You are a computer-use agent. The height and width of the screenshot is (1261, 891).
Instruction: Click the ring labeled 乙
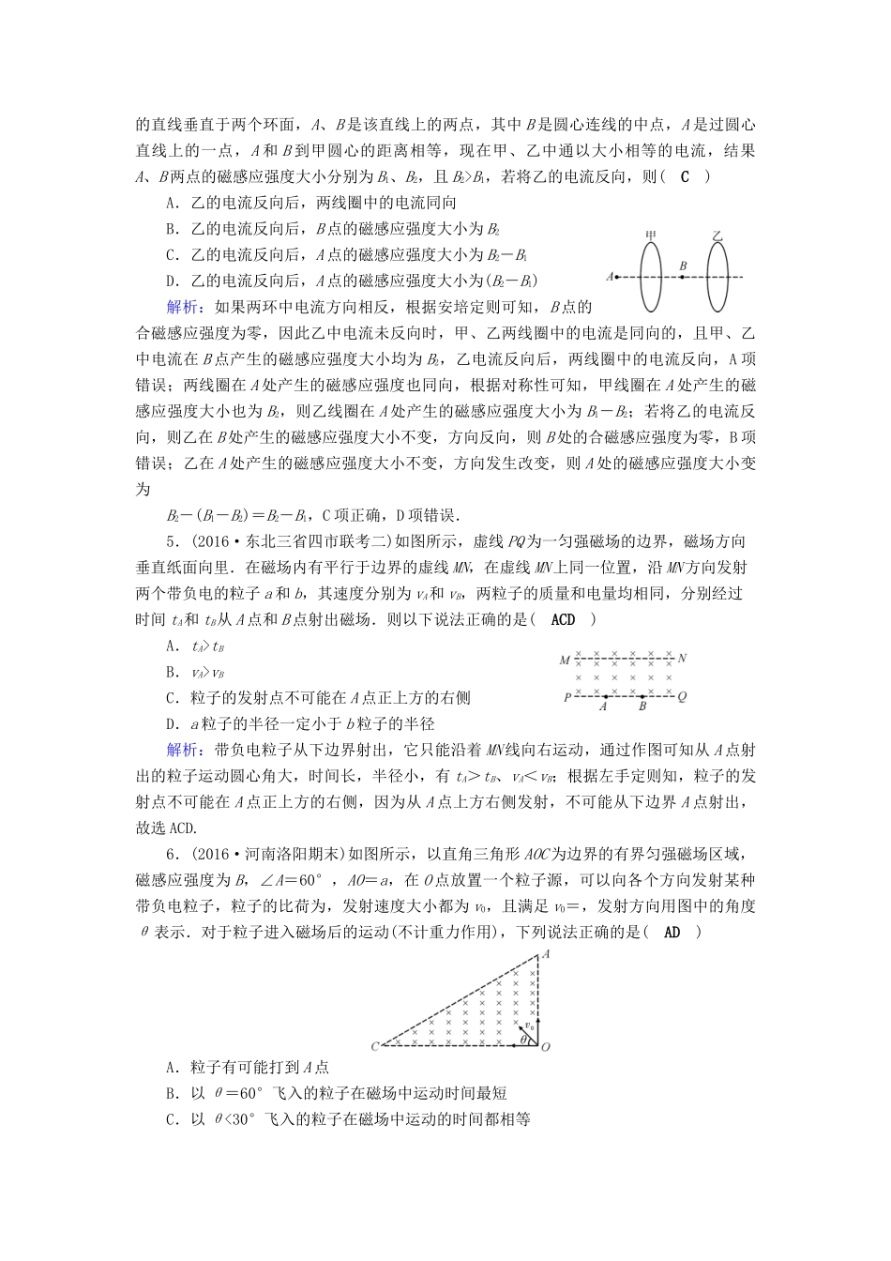(x=717, y=276)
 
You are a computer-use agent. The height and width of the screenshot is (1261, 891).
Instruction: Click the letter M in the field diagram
(x=565, y=660)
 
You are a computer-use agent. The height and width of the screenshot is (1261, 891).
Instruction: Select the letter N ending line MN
(x=683, y=659)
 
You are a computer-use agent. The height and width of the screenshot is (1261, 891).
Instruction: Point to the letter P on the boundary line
(x=566, y=697)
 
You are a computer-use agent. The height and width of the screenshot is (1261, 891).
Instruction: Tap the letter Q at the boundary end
(x=682, y=696)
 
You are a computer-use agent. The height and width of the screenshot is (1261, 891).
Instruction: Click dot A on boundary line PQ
(x=605, y=696)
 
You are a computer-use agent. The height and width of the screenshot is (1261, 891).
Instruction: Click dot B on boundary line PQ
(x=642, y=696)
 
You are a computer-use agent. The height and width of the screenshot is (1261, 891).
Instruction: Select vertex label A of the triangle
(x=546, y=953)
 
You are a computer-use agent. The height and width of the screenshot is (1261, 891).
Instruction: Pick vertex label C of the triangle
(x=375, y=1046)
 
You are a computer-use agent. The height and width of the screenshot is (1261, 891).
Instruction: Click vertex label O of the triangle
(x=545, y=1046)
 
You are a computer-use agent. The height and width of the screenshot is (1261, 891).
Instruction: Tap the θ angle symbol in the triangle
(x=522, y=1039)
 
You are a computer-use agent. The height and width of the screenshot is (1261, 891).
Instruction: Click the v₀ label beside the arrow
(x=529, y=1026)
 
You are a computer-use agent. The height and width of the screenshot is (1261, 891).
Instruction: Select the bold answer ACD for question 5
(x=564, y=619)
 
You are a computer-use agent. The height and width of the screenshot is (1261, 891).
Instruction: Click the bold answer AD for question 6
(x=672, y=932)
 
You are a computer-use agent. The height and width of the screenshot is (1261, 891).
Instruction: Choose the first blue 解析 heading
(x=182, y=306)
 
